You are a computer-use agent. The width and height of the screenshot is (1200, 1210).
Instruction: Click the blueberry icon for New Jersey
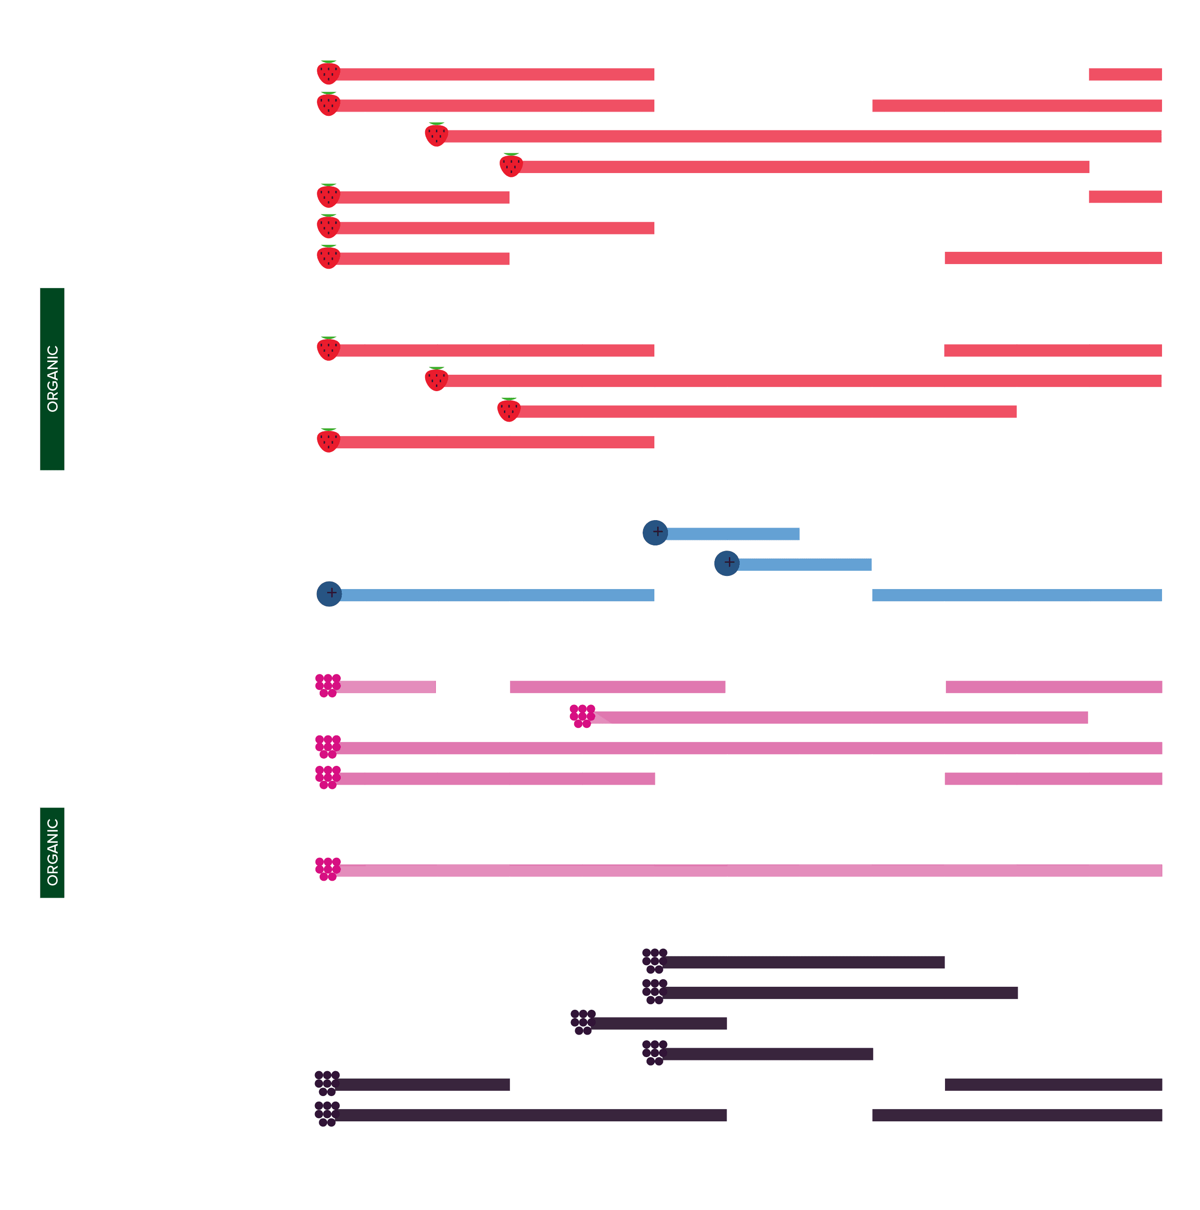coord(655,533)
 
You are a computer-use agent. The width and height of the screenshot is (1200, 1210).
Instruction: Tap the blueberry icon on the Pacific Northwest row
coord(727,564)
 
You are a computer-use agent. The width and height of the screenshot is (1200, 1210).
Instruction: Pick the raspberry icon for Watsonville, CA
coord(582,716)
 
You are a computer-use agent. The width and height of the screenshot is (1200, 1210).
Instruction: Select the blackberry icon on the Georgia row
coord(583,1022)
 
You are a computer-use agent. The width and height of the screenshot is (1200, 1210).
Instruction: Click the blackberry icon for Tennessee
coord(655,1053)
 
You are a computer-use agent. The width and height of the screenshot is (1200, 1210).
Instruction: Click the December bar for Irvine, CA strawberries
coord(1125,75)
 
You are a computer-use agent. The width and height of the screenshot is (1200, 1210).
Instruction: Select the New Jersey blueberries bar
coord(732,534)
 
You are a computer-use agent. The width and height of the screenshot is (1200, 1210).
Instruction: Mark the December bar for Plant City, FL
coord(1125,197)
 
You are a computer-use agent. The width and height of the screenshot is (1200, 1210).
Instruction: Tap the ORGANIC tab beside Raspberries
coord(52,852)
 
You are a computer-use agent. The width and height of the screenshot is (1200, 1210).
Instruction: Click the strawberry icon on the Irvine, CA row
coord(329,73)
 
